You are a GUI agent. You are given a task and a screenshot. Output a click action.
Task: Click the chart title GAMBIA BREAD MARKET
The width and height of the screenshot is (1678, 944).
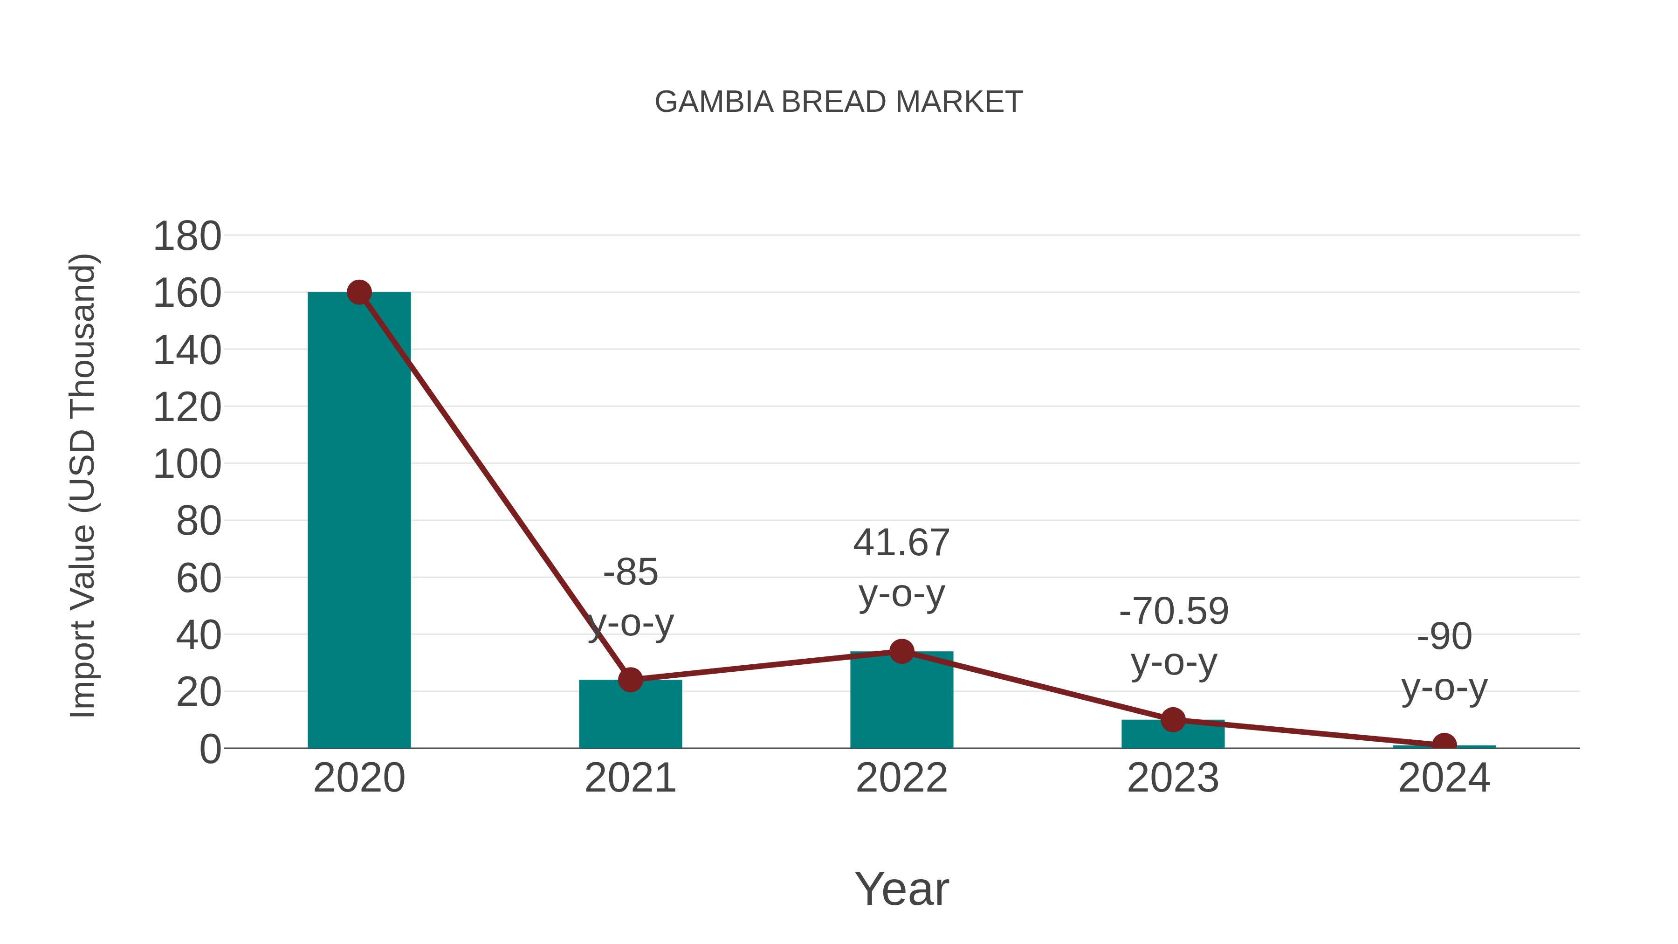point(839,102)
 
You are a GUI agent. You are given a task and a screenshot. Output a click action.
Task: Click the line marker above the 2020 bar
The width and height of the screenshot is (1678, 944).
point(359,292)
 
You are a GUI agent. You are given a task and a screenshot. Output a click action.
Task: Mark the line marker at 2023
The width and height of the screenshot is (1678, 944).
point(1173,720)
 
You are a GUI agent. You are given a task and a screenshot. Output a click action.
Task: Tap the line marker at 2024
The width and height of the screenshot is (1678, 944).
point(1444,744)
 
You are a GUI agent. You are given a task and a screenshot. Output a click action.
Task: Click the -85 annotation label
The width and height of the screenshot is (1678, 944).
point(631,572)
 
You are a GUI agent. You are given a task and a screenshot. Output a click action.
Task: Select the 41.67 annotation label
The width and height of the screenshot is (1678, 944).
point(901,543)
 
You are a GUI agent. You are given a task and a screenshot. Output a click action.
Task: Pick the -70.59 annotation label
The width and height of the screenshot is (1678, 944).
point(1173,611)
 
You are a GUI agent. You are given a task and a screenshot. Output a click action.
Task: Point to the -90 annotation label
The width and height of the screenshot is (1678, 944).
point(1444,636)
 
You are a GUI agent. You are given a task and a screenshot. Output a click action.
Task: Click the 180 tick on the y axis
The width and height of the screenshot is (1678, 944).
point(187,236)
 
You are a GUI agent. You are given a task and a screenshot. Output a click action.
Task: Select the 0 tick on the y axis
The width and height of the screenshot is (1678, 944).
point(210,749)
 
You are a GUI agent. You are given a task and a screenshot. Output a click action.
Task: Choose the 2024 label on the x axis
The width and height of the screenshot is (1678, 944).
point(1444,778)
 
